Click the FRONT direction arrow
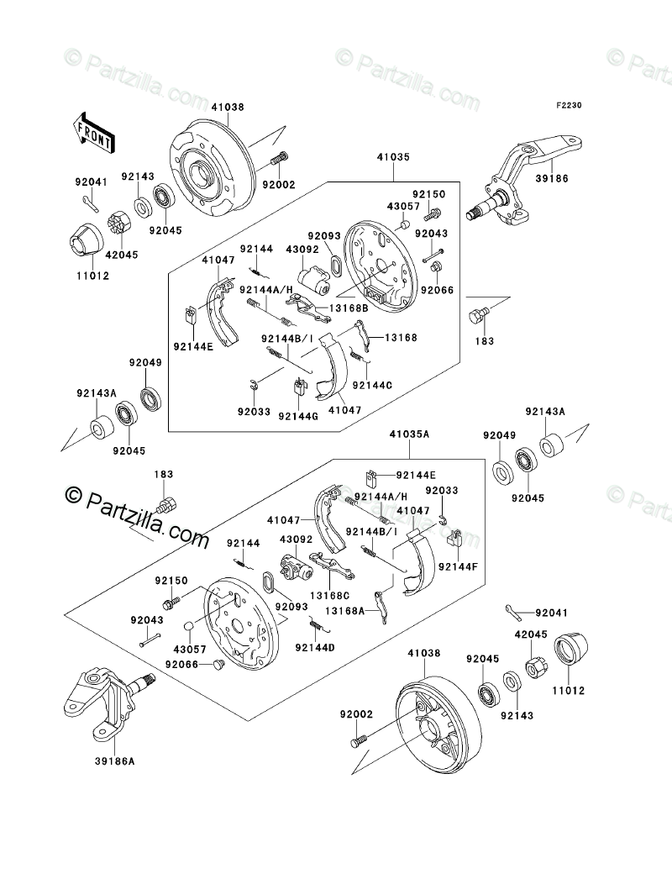pyautogui.click(x=93, y=132)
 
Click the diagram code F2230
pyautogui.click(x=569, y=105)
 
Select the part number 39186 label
pyautogui.click(x=552, y=178)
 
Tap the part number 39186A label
pyautogui.click(x=115, y=761)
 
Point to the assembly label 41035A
pyautogui.click(x=409, y=434)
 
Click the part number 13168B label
pyautogui.click(x=348, y=308)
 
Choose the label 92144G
pyautogui.click(x=297, y=415)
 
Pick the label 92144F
pyautogui.click(x=458, y=566)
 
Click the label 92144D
pyautogui.click(x=314, y=648)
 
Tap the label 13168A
pyautogui.click(x=344, y=611)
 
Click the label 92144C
pyautogui.click(x=372, y=385)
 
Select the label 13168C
pyautogui.click(x=329, y=595)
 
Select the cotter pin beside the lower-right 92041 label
pyautogui.click(x=513, y=612)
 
